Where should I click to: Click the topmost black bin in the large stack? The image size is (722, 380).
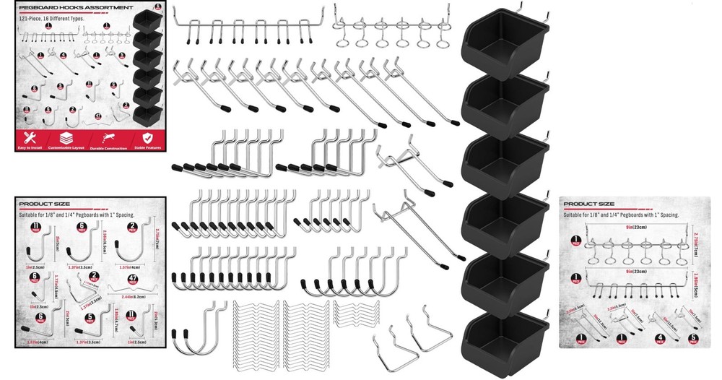505,46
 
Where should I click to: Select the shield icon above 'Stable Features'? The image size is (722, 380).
147,137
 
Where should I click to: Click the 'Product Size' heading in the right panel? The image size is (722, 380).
589,204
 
